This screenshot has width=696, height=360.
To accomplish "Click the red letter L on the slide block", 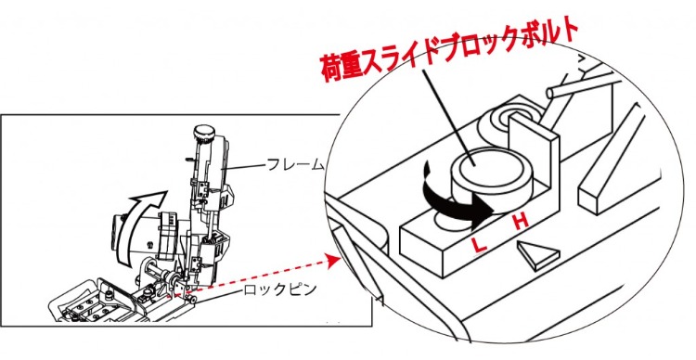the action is point(479,244).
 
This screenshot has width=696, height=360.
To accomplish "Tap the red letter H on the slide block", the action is point(522,221).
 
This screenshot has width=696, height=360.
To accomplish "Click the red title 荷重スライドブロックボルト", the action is point(449,50).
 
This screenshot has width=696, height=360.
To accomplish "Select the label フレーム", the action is point(296,165).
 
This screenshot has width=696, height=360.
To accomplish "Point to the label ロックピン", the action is point(280,289).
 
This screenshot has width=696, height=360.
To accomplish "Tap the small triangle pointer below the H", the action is point(537,256).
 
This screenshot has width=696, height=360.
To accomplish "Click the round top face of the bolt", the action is point(475,164).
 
